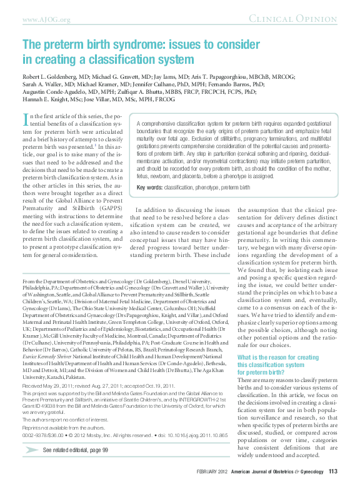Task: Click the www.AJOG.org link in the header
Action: tap(46, 19)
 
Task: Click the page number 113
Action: tap(333, 471)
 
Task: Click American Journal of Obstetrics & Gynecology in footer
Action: tap(280, 471)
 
